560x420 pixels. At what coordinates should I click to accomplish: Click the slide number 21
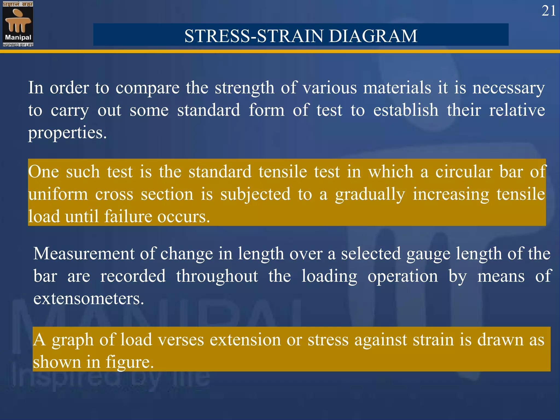click(x=548, y=11)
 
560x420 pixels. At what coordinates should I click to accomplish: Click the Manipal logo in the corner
click(x=18, y=24)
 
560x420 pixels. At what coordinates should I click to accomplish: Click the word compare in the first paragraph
click(x=147, y=88)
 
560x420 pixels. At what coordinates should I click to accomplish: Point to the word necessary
click(x=509, y=88)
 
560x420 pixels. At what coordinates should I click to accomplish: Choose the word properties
click(x=67, y=133)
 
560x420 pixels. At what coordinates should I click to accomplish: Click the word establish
click(x=406, y=110)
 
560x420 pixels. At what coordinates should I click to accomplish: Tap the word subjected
click(x=255, y=194)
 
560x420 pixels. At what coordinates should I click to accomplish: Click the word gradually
click(x=370, y=194)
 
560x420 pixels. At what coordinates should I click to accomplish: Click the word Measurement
click(x=84, y=253)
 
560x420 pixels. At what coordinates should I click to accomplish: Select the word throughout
click(x=217, y=276)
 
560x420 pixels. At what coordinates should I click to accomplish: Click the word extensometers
click(x=89, y=298)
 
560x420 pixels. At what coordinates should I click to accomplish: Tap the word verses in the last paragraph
click(x=181, y=340)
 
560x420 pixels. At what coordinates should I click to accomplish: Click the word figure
click(x=130, y=362)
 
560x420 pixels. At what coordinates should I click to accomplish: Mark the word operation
click(x=402, y=276)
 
